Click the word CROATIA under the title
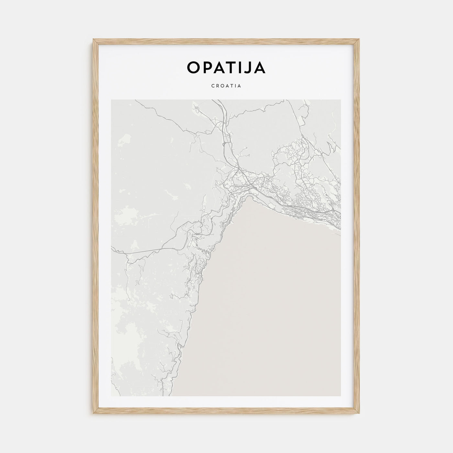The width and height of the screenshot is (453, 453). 226,86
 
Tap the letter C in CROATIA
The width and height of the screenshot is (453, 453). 213,86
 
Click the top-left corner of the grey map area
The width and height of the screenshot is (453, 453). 111,100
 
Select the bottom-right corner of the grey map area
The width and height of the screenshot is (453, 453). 341,396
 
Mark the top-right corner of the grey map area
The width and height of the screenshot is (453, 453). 341,100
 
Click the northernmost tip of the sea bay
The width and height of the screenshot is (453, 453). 248,198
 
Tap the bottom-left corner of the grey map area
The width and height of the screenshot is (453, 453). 111,396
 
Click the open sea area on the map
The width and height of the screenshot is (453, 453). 275,307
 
